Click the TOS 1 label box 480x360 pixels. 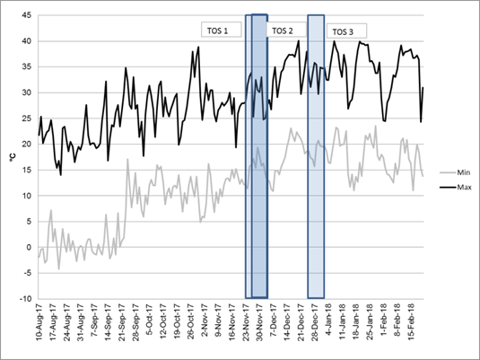point(220,29)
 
